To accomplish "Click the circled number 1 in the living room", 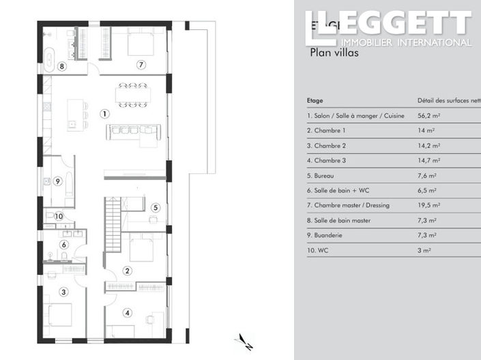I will [104, 114].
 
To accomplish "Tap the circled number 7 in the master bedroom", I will [141, 65].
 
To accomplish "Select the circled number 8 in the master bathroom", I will [61, 66].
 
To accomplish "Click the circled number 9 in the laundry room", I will [58, 181].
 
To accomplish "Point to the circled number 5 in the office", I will [155, 207].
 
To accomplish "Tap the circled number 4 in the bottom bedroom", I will [127, 313].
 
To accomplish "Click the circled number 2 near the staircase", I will [127, 271].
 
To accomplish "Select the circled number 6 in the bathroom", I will [64, 244].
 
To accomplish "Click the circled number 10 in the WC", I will [59, 216].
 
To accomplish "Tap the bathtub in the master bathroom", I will [49, 59].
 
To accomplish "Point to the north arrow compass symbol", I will [243, 341].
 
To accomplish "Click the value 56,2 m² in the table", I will [428, 116].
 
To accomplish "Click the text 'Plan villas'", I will [334, 51].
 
